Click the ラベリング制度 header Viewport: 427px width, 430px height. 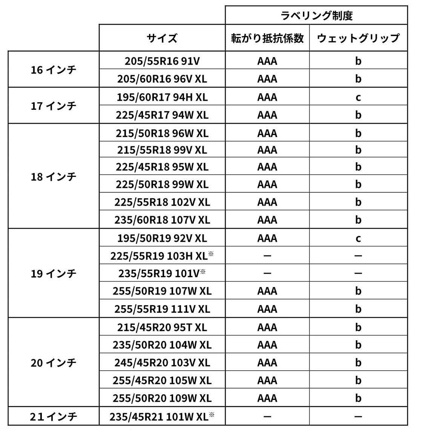point(316,15)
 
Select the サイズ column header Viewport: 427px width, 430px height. point(162,38)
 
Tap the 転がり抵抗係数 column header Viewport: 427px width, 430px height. point(267,38)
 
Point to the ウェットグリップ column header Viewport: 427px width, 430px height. point(358,38)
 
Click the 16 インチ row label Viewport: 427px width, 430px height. point(53,70)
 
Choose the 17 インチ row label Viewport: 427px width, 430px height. point(53,106)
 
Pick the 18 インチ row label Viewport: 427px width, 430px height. point(53,177)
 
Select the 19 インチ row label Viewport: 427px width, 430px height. point(53,273)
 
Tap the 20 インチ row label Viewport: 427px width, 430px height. point(53,362)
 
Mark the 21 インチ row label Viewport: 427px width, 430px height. point(53,416)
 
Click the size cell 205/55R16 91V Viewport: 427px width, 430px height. point(162,61)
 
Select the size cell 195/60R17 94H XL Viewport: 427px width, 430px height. point(162,97)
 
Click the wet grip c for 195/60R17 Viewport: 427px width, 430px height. point(358,97)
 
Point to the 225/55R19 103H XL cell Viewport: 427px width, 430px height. point(162,256)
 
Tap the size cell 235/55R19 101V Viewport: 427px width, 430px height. point(162,273)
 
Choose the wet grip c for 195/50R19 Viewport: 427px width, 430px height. point(358,238)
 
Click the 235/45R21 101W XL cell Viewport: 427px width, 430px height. point(162,416)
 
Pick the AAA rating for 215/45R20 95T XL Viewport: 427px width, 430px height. point(267,327)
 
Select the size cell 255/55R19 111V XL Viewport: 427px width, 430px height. point(162,309)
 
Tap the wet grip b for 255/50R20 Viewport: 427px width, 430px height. point(358,398)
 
